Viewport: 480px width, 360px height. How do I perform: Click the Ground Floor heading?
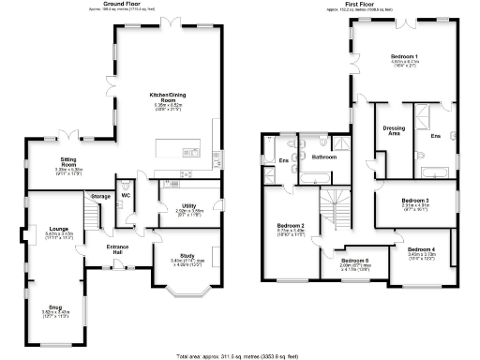[x=128, y=4]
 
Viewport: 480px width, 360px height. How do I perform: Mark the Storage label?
[x=100, y=196]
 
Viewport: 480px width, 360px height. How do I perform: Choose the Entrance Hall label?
[x=117, y=247]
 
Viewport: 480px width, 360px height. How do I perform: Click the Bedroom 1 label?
[x=405, y=57]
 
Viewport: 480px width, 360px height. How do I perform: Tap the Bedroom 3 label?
[x=414, y=200]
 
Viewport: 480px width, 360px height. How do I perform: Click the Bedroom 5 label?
[x=353, y=261]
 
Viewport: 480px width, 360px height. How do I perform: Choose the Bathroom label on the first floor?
[x=324, y=157]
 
